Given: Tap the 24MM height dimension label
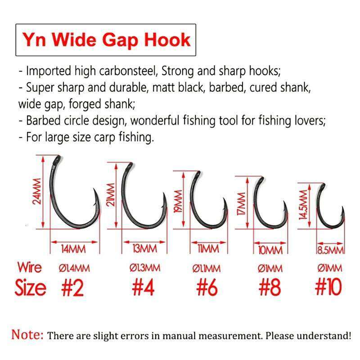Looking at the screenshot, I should pyautogui.click(x=37, y=191).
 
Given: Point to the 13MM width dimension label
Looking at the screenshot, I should pyautogui.click(x=144, y=249).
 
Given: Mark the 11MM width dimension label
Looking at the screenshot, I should pyautogui.click(x=207, y=249).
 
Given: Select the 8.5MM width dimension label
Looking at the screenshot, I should pyautogui.click(x=330, y=250).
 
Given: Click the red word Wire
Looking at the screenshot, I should pyautogui.click(x=29, y=267).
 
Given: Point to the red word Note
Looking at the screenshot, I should pyautogui.click(x=27, y=335).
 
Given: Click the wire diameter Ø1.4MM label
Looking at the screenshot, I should pyautogui.click(x=74, y=269).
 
